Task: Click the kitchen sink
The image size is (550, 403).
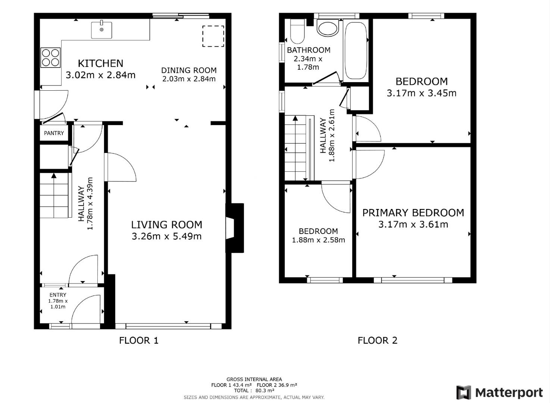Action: pos(101,30)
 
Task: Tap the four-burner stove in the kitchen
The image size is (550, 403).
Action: pos(50,58)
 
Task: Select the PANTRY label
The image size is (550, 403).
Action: pos(54,133)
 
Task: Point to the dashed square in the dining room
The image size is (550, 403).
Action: pos(213,36)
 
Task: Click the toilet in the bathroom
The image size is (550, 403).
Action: pos(297,31)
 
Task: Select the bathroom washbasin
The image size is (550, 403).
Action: pos(327,28)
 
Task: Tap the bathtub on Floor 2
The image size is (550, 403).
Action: pos(355,50)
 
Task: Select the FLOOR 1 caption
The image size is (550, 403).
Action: pos(139,340)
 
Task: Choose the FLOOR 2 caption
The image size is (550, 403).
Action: pos(377,340)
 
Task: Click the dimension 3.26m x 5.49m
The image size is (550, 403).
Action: pos(166,236)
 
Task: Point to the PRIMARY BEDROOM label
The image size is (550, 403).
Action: pos(413,213)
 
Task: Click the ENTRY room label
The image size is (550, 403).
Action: pos(58,295)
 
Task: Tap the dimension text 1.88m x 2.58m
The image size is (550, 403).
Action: pos(318,240)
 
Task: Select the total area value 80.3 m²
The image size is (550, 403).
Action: pos(265,391)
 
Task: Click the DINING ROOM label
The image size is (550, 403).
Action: pos(189,70)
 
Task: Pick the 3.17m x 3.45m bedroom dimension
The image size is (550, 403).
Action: pos(421,93)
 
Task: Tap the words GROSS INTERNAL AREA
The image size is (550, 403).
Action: pos(254,379)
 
